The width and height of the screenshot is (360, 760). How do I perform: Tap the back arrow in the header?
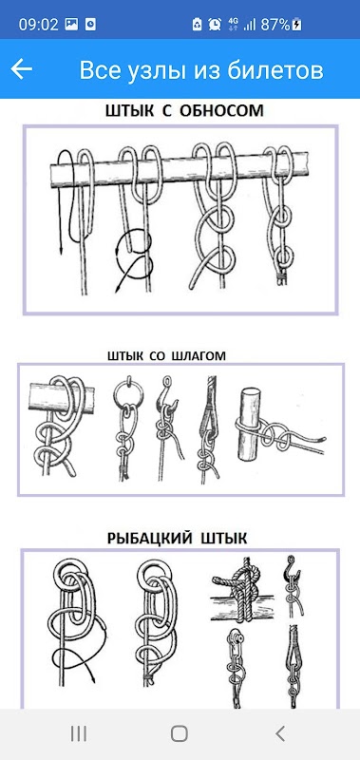click(x=21, y=68)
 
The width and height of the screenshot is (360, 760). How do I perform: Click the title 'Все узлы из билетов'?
click(x=201, y=70)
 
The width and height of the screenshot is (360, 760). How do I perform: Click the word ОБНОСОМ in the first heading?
click(x=222, y=110)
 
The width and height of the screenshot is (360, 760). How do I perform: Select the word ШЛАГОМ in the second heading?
click(x=199, y=355)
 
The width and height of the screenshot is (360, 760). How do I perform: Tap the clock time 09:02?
click(x=38, y=24)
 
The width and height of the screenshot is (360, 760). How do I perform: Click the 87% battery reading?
click(x=275, y=25)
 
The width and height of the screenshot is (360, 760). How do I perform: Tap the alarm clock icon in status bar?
click(x=214, y=24)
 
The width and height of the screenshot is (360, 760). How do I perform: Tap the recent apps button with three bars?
click(x=79, y=733)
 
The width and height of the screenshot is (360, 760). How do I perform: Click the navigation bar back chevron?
click(x=280, y=733)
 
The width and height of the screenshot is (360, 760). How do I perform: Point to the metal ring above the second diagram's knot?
click(x=125, y=391)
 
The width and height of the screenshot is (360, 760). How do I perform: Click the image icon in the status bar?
click(x=71, y=24)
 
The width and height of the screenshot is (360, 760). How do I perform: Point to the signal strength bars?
click(x=249, y=25)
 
